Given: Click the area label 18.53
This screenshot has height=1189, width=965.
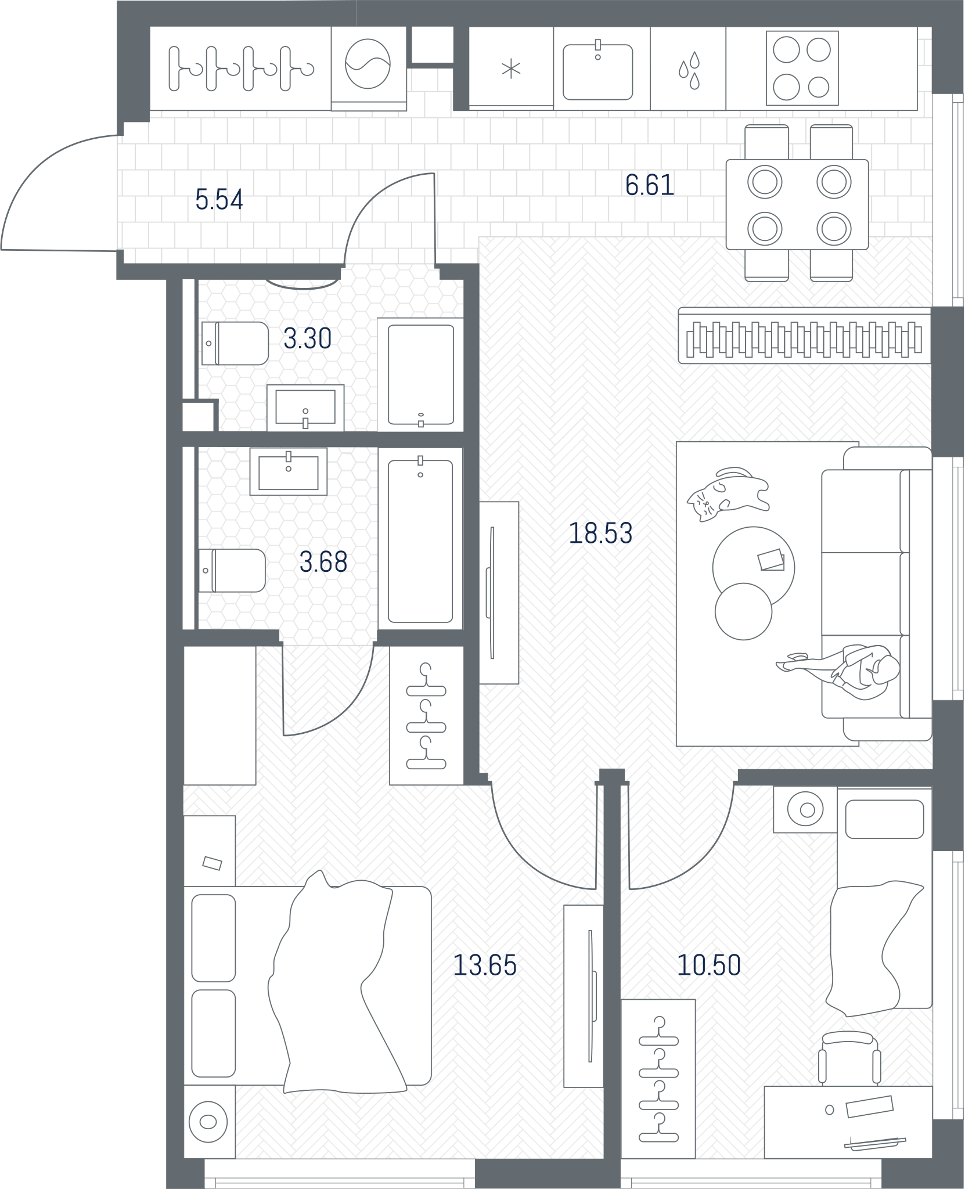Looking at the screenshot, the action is pos(600,533).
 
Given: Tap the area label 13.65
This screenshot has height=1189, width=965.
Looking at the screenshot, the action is pos(484,965).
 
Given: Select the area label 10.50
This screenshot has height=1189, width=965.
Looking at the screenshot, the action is pos(709,965).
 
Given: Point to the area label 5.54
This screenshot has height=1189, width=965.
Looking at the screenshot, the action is pos(219,200).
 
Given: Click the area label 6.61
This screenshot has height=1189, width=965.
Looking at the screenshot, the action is pos(650,185).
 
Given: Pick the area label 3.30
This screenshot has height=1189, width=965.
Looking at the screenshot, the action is pos(307,338).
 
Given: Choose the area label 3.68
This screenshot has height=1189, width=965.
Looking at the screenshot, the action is pos(323,562).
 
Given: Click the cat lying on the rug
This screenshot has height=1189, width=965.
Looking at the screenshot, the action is pos(728,493).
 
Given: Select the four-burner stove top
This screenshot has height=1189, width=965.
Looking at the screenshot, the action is pos(802,69).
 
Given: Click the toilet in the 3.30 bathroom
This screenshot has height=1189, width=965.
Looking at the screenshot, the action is pos(235,343).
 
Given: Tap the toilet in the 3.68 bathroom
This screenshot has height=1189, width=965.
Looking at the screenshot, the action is pos(232,571).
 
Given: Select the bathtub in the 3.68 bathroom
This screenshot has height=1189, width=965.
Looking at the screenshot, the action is pos(420,541).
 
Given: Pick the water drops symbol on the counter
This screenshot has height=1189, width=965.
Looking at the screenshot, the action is pos(689,71).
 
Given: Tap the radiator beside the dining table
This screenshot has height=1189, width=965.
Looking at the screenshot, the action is pos(804,336).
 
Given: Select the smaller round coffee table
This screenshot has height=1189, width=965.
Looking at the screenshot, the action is pos(743,611).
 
